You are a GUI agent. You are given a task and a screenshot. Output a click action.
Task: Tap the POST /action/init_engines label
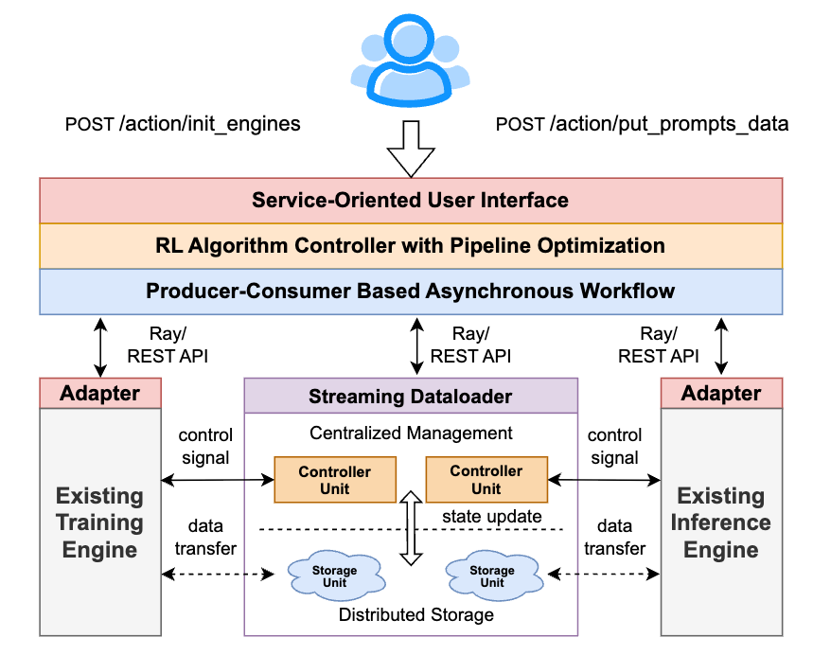(x=182, y=124)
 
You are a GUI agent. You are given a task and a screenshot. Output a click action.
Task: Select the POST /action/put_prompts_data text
(x=642, y=124)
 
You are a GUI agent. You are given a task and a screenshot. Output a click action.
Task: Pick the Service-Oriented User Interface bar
(x=410, y=200)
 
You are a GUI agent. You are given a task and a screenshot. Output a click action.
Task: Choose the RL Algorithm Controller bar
(x=410, y=245)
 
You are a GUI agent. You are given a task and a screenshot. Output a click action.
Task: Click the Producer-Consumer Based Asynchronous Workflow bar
(x=410, y=291)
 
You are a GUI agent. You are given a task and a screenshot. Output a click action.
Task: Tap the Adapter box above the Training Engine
(x=100, y=393)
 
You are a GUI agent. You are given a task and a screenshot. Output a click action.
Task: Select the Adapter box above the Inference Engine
(x=721, y=393)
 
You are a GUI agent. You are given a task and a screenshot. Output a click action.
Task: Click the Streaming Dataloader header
(x=410, y=396)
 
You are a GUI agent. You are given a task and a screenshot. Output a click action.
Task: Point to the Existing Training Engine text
(x=99, y=522)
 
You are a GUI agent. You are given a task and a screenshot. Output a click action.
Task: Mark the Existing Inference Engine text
(x=721, y=522)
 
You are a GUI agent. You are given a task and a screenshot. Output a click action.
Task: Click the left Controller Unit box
(x=334, y=480)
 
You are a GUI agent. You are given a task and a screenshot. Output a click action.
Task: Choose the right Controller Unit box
(x=486, y=480)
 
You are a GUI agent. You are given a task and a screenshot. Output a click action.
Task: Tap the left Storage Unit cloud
(x=334, y=575)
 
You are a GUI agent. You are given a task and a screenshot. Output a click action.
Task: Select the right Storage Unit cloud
(x=492, y=575)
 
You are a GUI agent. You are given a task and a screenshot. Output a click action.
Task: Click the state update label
(x=492, y=516)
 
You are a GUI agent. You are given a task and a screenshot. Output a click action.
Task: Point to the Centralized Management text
(x=411, y=434)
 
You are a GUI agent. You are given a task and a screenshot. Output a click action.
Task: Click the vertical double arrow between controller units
(x=410, y=528)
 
